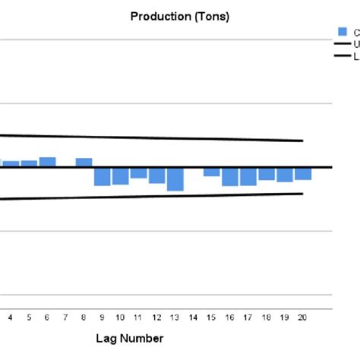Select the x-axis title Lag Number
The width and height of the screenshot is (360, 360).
pos(129,338)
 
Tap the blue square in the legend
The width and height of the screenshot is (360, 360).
pos(343,31)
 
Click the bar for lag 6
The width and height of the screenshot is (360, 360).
pos(47,162)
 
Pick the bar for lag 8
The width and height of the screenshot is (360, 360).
pos(84,163)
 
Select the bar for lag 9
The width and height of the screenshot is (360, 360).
pos(103,176)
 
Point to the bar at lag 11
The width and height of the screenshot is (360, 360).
pos(138,172)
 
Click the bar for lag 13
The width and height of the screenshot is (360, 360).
pos(175,178)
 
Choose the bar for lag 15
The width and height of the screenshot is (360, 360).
pos(211,172)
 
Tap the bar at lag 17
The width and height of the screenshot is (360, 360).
pos(248,176)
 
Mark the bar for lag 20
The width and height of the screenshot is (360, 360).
pos(303,173)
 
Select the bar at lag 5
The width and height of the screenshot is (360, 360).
pos(29,163)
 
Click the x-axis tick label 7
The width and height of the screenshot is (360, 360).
pos(65,317)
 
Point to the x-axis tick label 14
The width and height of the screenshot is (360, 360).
pos(193,317)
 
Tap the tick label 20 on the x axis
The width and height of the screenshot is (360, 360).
pos(303,317)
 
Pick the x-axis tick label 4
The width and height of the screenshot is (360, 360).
pos(11,317)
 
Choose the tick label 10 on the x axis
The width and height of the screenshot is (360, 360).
pos(120,317)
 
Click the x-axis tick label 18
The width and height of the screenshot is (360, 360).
pos(267,317)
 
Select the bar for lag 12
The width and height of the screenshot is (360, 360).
pos(157,175)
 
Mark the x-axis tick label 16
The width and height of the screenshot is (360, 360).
pos(229,317)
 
